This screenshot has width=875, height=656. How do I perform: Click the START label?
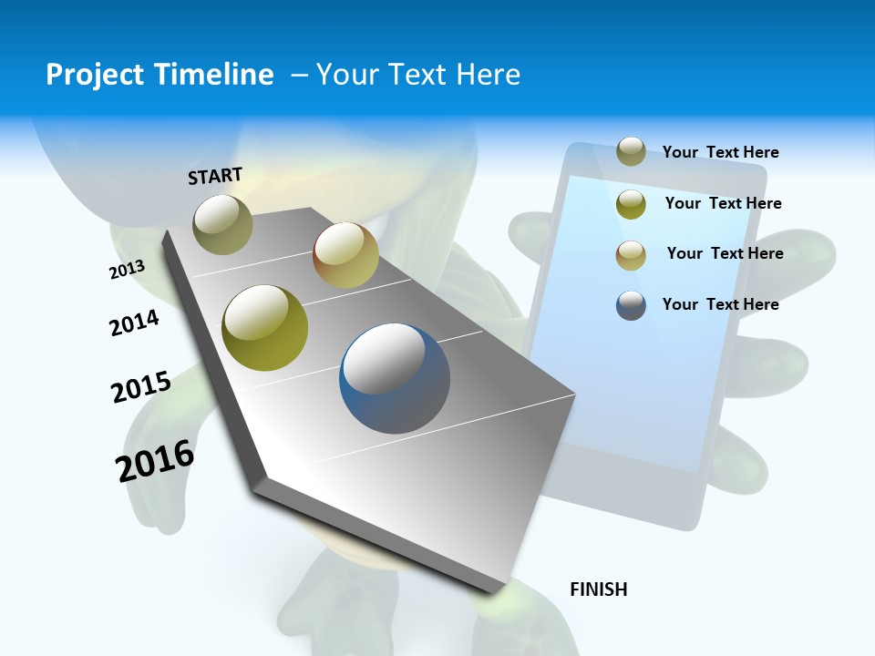(215, 176)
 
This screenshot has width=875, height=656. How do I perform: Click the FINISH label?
(598, 589)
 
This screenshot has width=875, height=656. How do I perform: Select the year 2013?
(127, 270)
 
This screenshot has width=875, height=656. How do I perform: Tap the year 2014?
(134, 323)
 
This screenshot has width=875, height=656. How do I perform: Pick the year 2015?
(141, 386)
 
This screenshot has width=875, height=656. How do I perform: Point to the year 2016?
(155, 461)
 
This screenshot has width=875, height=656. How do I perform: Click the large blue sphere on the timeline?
(395, 378)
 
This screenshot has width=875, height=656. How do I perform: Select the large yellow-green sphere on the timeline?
(265, 328)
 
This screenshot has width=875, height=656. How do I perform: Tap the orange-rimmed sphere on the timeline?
(345, 255)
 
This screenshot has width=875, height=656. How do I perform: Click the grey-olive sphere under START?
(222, 224)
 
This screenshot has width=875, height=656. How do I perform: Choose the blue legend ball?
(631, 305)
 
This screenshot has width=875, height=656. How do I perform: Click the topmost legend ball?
(631, 151)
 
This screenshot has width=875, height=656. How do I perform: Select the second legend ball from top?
(631, 204)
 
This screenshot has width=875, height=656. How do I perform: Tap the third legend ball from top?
(631, 255)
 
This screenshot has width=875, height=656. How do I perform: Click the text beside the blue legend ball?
(720, 304)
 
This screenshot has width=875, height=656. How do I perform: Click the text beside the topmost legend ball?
(720, 152)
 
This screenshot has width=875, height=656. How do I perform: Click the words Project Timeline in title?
(160, 75)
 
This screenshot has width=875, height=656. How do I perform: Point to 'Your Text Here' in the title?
(418, 75)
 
